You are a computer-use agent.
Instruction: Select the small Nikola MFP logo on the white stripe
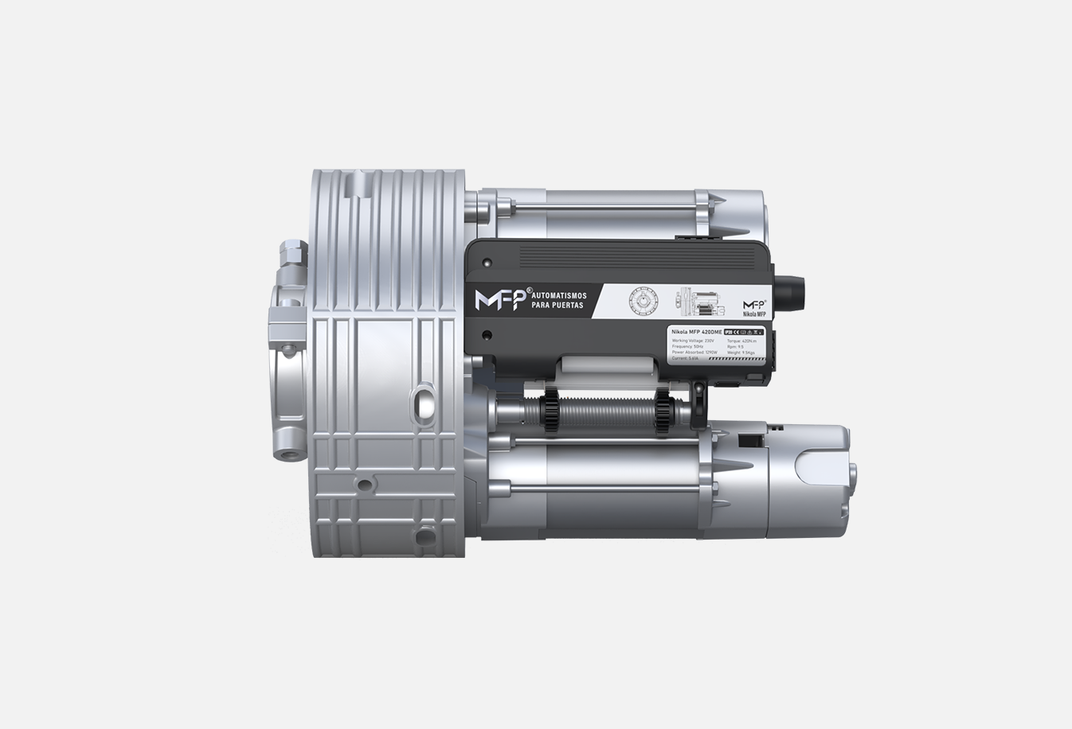(x=753, y=308)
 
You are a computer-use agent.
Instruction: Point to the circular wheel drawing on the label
(x=641, y=302)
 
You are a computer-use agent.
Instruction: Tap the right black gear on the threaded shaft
(x=663, y=411)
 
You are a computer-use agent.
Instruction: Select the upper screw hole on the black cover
(x=485, y=264)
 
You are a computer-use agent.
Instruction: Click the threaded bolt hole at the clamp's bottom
(x=285, y=454)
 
